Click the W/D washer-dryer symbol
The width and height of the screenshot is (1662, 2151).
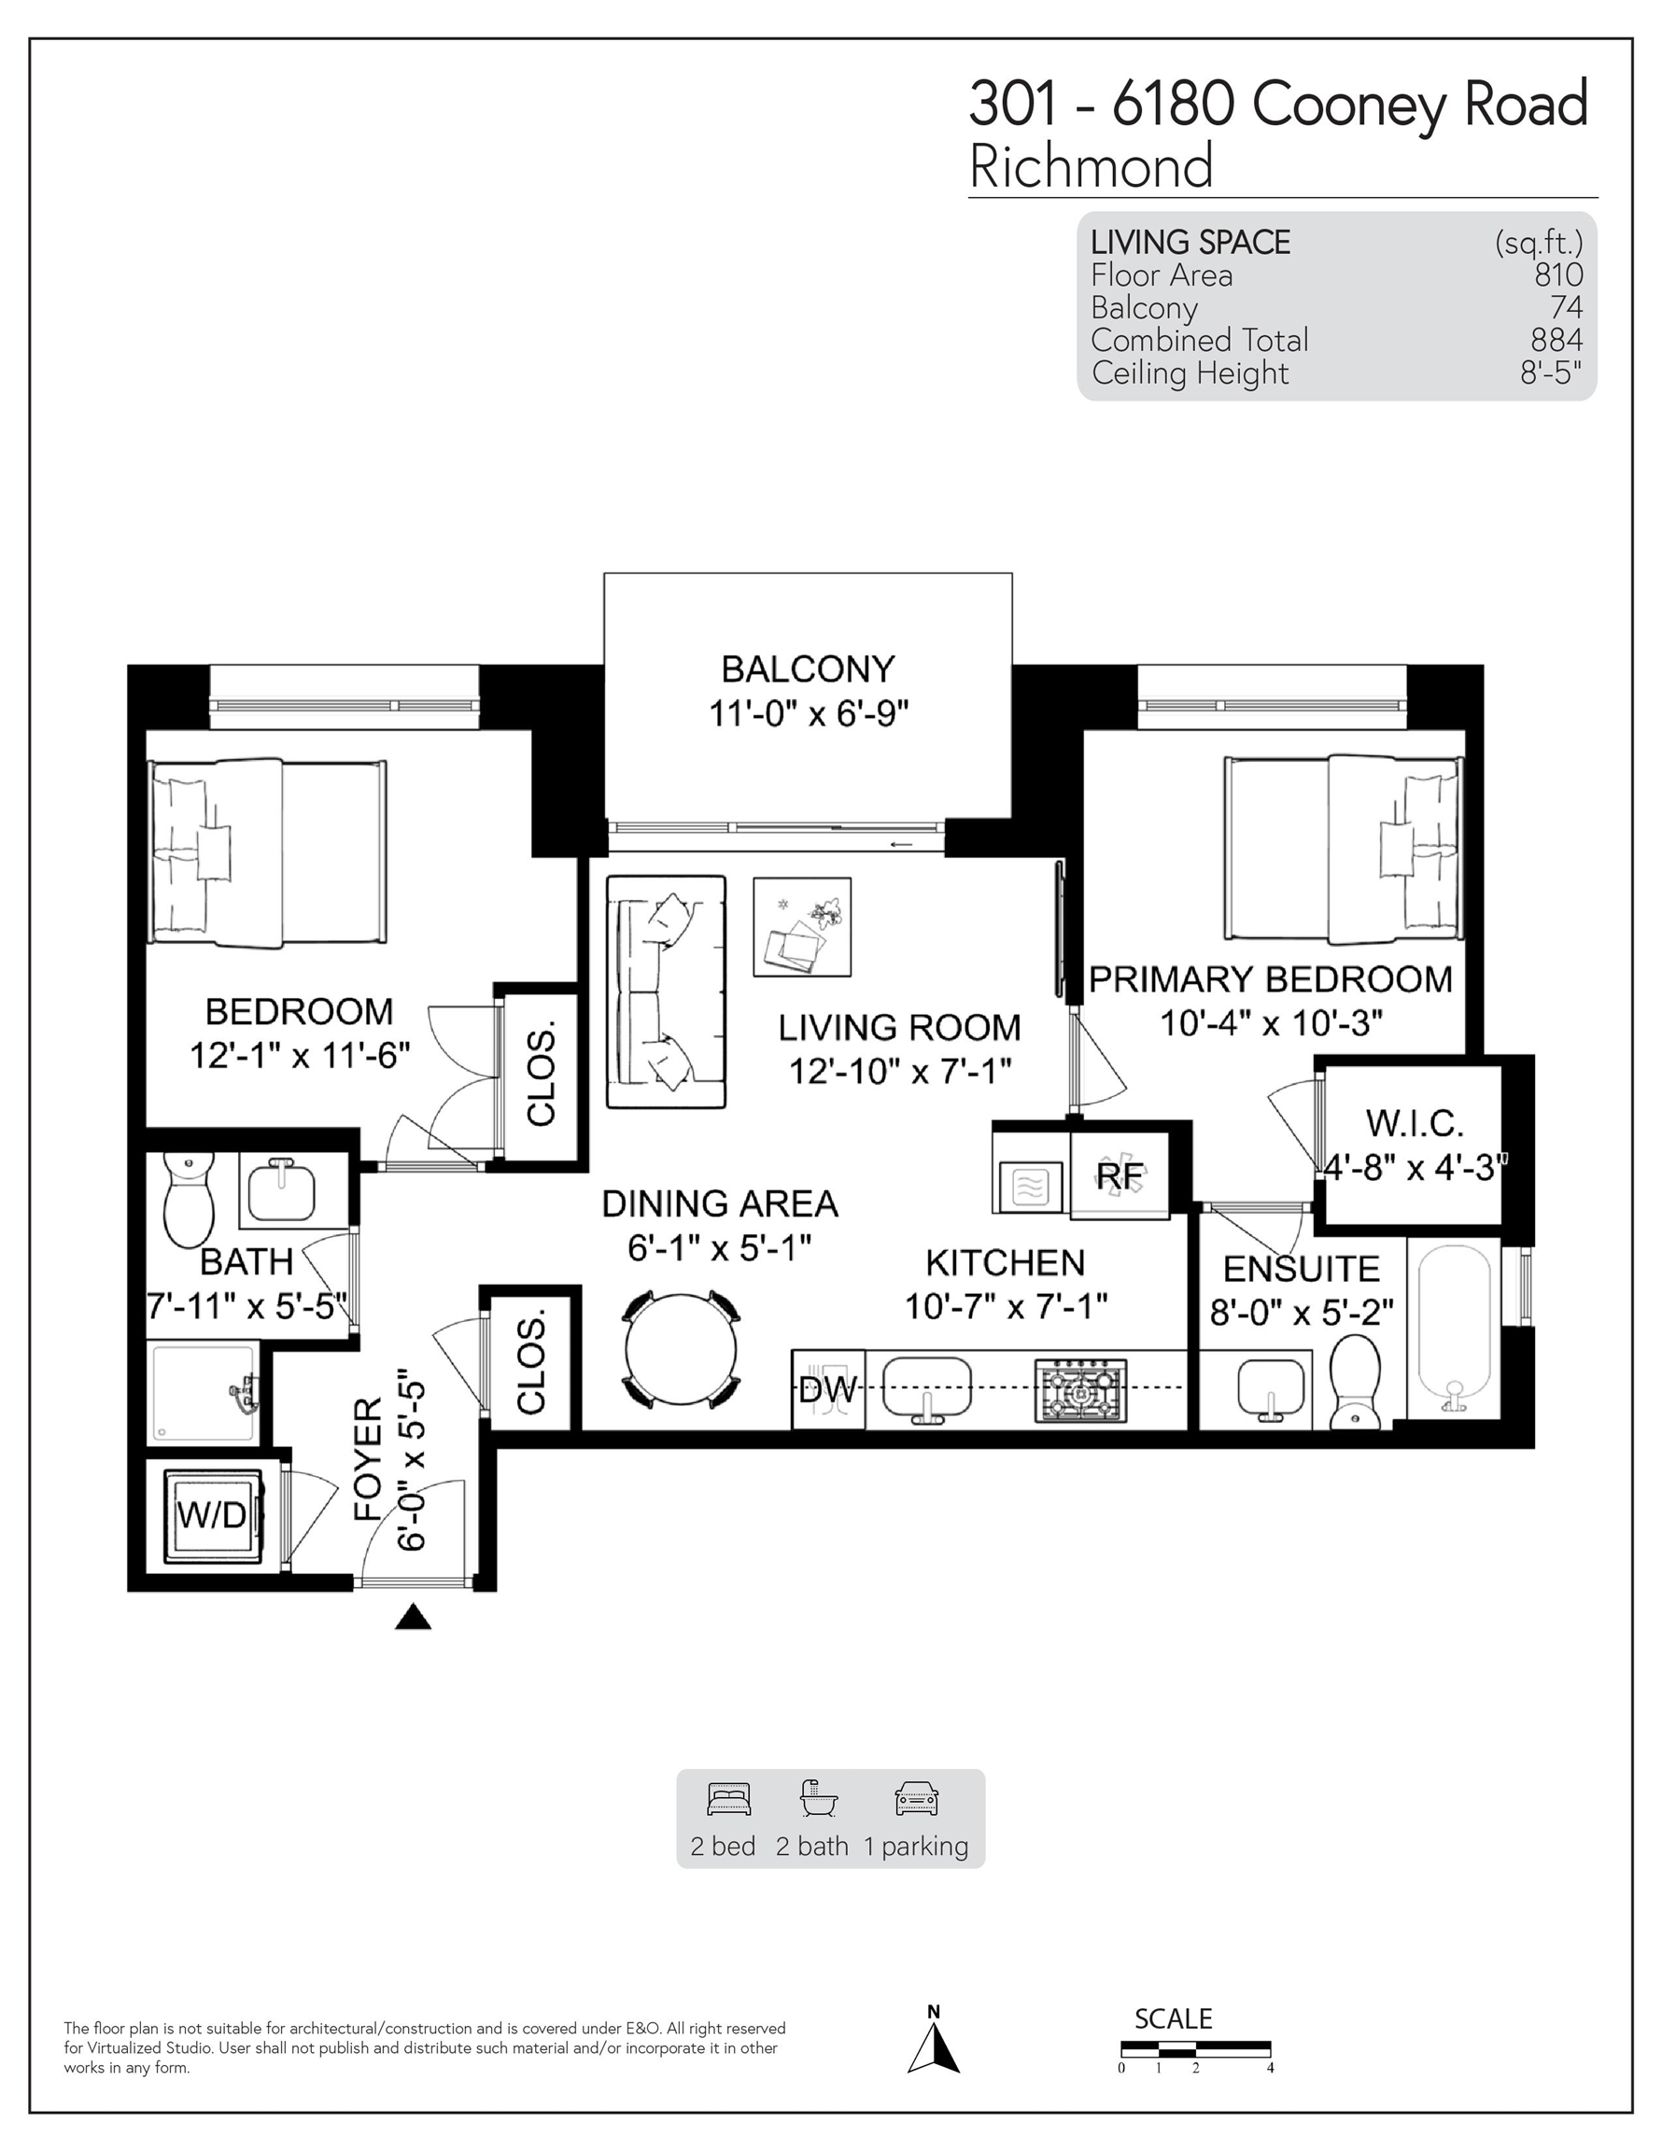point(213,1517)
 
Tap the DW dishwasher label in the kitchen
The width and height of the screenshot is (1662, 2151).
point(826,1390)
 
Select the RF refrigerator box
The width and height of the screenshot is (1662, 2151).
point(1120,1175)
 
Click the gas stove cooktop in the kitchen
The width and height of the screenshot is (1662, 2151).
point(1080,1391)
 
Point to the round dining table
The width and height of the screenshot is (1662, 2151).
point(681,1348)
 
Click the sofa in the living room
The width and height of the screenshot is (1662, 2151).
point(666,991)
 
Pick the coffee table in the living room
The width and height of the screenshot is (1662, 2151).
point(802,927)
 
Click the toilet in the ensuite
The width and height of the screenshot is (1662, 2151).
point(1356,1381)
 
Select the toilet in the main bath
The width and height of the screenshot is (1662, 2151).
point(189,1200)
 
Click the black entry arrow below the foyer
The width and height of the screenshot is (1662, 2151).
point(413,1616)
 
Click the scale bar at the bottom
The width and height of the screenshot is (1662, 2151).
point(1196,2049)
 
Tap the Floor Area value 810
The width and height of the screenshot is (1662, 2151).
point(1557,274)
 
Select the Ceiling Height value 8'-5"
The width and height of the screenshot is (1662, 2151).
point(1552,373)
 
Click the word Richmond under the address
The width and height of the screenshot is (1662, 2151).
point(1092,165)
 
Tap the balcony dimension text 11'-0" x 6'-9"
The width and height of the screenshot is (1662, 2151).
point(809,713)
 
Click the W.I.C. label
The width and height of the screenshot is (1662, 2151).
point(1415,1123)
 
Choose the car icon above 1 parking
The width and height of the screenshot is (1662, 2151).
point(916,1799)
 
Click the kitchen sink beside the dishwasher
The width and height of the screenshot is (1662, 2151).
point(926,1388)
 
